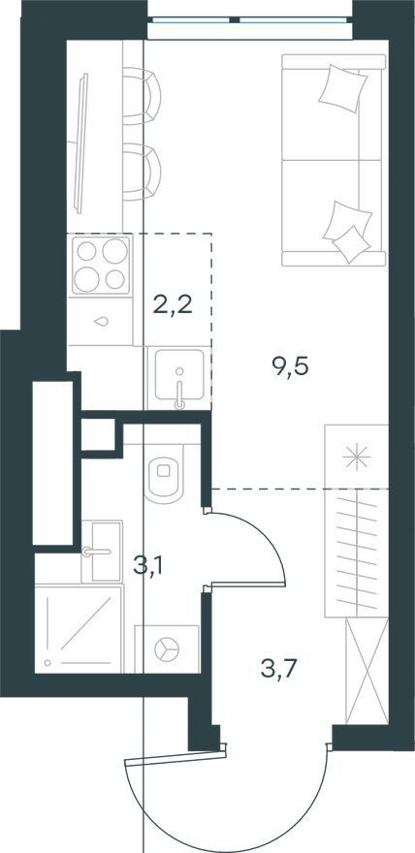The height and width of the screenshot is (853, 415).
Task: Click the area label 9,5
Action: [x=290, y=367]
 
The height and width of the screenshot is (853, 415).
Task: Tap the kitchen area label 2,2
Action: [x=173, y=306]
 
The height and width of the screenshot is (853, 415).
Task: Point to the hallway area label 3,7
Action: [x=278, y=669]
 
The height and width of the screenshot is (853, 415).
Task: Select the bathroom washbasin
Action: [x=102, y=552]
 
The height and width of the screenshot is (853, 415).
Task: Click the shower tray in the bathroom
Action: [x=79, y=628]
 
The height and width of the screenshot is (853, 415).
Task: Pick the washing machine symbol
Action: [x=167, y=649]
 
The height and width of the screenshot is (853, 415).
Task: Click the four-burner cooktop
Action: [x=101, y=265]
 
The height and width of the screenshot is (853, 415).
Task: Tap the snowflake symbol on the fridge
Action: [x=356, y=457]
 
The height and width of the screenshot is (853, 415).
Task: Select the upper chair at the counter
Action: [x=142, y=96]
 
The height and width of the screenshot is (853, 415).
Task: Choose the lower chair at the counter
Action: [x=142, y=172]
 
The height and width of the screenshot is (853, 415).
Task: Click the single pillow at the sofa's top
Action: [x=342, y=88]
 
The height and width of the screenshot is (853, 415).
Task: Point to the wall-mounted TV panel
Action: [x=82, y=143]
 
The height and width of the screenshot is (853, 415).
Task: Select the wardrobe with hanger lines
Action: [x=356, y=553]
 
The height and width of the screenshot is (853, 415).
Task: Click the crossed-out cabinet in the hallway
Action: [x=367, y=671]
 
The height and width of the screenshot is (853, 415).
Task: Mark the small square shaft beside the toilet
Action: [x=99, y=434]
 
